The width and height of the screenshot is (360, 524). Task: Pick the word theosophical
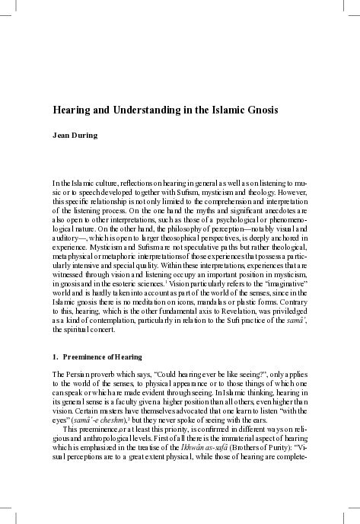[x=215, y=237]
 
